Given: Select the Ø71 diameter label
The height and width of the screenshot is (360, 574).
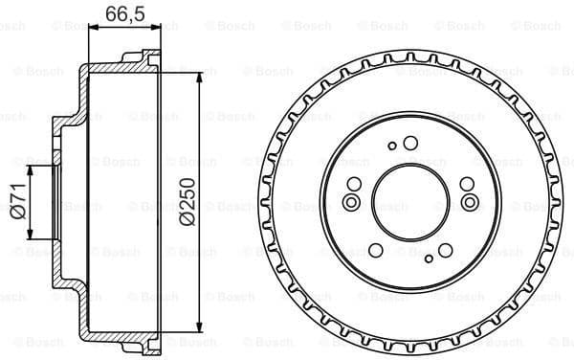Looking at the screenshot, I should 16,202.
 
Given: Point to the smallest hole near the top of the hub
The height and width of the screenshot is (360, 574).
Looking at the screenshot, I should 392,146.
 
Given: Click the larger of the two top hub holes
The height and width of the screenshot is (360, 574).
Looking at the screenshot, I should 410,144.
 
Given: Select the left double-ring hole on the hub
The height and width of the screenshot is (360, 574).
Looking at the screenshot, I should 351,202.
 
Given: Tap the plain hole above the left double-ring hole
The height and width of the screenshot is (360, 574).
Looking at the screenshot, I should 354,185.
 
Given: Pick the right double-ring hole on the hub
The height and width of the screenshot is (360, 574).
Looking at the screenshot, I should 469,202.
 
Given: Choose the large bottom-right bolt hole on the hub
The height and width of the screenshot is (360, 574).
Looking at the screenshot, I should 443,251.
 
